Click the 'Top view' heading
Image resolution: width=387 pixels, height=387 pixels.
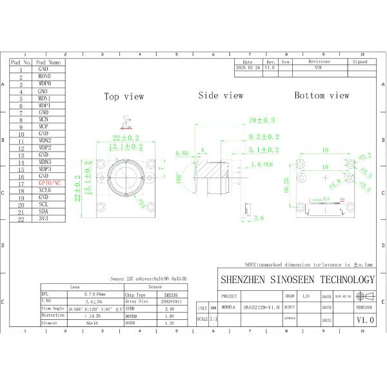[124, 96]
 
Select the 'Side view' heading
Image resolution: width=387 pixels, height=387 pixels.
[221, 95]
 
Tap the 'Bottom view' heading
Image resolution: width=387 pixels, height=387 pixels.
[321, 95]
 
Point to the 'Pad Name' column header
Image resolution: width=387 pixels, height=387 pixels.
[48, 63]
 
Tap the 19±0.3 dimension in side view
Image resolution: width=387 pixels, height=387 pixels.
[261, 120]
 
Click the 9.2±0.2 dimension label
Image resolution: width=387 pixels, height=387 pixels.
[264, 137]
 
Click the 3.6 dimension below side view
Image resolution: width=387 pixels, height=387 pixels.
[259, 219]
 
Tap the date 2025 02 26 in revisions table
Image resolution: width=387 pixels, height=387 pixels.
[248, 67]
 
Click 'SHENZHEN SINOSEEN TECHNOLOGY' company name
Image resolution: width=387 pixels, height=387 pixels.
[297, 279]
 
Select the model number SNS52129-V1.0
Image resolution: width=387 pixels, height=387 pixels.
[261, 308]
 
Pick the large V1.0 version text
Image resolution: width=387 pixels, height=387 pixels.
[364, 319]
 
